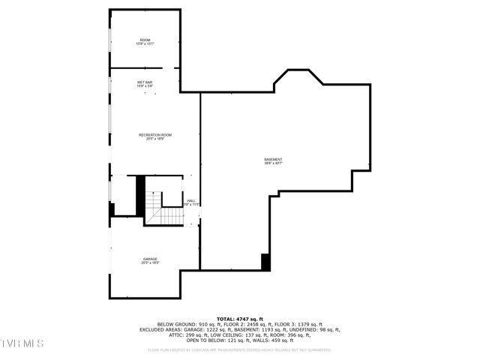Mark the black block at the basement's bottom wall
[265, 262]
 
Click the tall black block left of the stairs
[139, 194]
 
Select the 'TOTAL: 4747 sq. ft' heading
[240, 318]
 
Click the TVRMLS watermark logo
[22, 343]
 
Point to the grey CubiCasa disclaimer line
[240, 349]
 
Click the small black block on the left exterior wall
[112, 211]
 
